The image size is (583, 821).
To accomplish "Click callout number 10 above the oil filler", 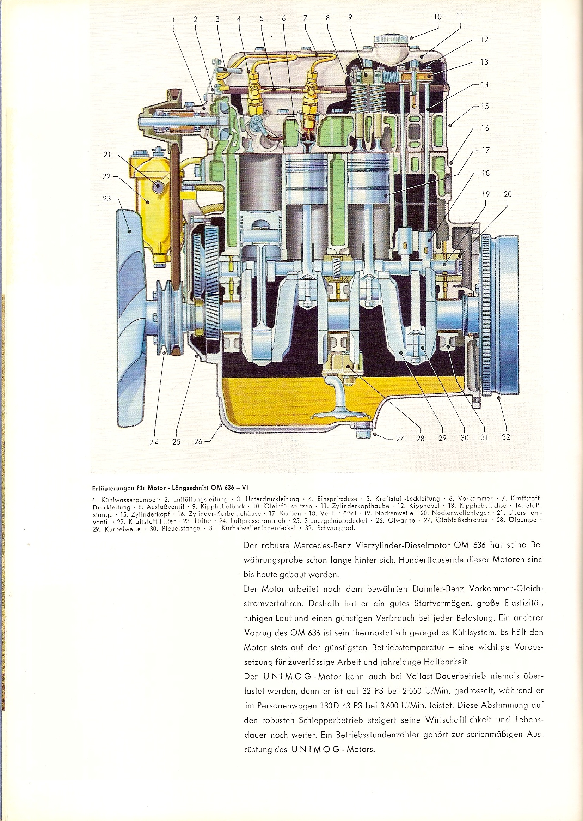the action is point(437,17).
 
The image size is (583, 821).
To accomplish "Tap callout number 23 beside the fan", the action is point(107,199).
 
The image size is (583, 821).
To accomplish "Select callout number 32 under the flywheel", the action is point(506,437).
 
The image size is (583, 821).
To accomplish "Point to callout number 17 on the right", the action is point(485,150).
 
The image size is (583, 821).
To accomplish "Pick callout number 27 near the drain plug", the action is point(400,438).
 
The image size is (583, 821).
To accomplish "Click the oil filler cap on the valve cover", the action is point(391,39).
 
